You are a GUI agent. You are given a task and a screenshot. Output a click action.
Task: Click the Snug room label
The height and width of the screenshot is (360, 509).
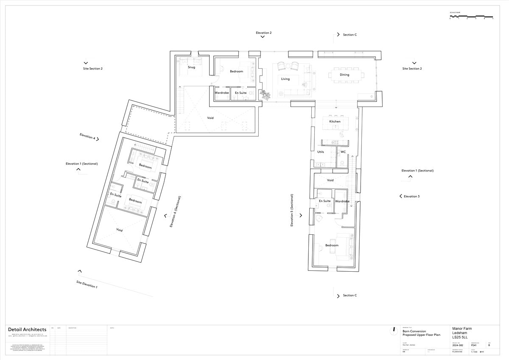pyautogui.click(x=191, y=67)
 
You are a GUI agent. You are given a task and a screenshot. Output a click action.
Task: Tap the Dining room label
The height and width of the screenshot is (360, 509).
pyautogui.click(x=344, y=75)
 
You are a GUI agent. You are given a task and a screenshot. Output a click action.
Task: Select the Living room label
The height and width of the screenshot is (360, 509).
pyautogui.click(x=285, y=79)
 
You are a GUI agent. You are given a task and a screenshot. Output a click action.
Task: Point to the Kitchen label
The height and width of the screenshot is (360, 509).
pyautogui.click(x=335, y=121)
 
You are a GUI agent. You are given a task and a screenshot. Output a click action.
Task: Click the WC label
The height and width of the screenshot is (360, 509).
pyautogui.click(x=343, y=152)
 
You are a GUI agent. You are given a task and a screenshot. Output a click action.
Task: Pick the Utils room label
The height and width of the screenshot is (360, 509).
pyautogui.click(x=321, y=152)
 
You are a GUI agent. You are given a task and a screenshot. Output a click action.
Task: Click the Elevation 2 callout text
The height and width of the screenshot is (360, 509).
pyautogui.click(x=263, y=33)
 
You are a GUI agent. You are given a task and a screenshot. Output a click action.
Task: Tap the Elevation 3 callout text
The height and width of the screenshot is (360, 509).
pyautogui.click(x=411, y=197)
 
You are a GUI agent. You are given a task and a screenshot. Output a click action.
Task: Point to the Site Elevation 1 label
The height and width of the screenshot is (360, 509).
pyautogui.click(x=87, y=284)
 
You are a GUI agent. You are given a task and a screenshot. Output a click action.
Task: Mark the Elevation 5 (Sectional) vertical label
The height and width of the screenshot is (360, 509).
pyautogui.click(x=292, y=211)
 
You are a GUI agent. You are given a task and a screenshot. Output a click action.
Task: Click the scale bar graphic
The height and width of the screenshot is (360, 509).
pyautogui.click(x=471, y=17)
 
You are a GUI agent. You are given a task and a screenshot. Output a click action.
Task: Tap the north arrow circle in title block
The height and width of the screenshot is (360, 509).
pyautogui.click(x=394, y=329)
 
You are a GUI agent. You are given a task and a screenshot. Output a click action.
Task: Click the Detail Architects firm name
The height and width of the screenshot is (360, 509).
pyautogui.click(x=27, y=330)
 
